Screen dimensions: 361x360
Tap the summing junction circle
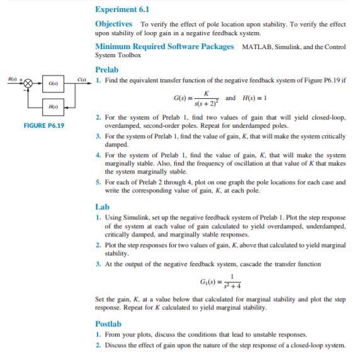click(27, 82)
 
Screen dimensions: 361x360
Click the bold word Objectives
click(113, 23)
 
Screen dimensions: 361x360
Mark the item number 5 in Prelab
click(98, 181)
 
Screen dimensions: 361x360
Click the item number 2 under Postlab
click(98, 345)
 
